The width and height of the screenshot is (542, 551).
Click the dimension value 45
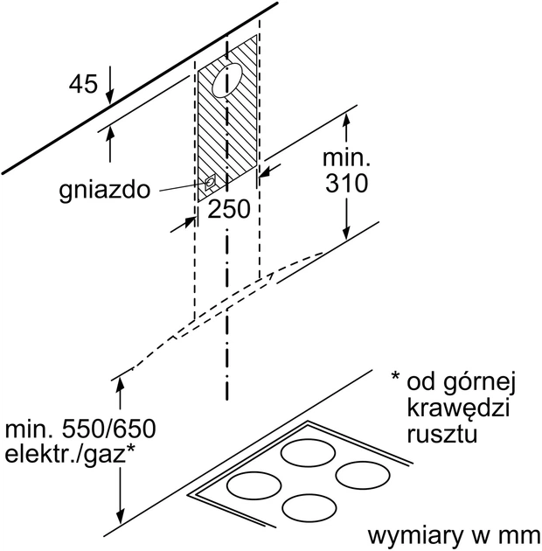coord(83,84)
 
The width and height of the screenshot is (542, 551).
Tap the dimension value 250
coord(229,209)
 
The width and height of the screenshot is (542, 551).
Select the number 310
coord(346,183)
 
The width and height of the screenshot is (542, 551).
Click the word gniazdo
coord(105,190)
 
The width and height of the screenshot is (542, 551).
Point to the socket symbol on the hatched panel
coord(210,183)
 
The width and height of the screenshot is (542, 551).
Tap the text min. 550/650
coord(80,429)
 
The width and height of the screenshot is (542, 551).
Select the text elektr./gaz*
coord(70,455)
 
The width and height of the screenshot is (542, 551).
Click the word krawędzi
coord(458,408)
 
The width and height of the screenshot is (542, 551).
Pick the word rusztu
coord(441,435)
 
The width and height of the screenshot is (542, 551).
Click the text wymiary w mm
coord(454,536)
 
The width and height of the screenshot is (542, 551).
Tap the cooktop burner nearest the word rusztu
coord(363,475)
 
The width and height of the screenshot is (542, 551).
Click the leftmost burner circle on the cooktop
coord(254,485)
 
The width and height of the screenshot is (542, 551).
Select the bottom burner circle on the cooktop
coord(309,507)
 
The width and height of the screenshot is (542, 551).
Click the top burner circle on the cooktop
coord(308,453)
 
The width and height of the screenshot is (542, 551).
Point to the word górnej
coord(479,384)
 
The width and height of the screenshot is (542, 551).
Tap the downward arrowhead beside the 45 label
coord(110,96)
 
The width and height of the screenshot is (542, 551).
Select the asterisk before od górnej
coord(395,376)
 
